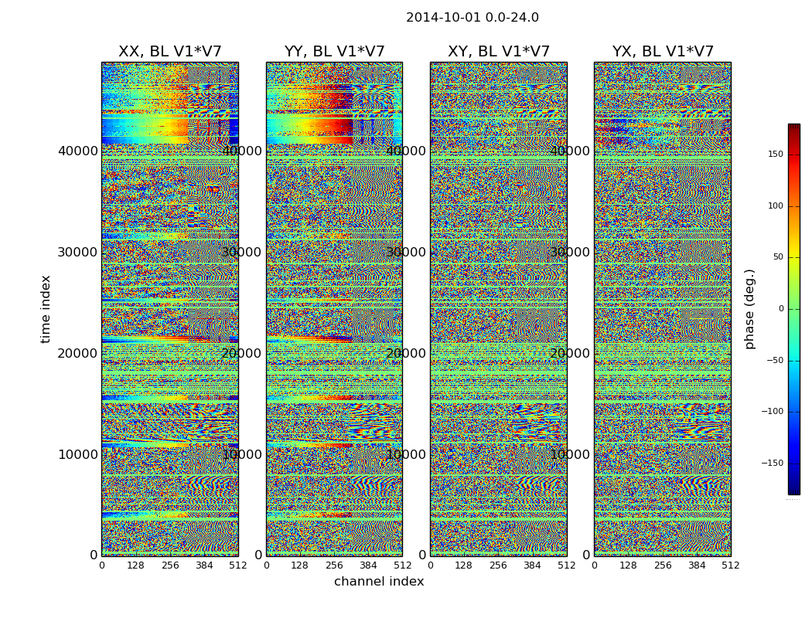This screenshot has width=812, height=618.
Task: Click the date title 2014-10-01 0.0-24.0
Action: click(472, 18)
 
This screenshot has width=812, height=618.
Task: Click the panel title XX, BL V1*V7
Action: click(169, 52)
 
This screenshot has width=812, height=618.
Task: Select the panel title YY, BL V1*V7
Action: click(334, 52)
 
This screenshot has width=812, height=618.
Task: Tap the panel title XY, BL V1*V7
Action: click(499, 52)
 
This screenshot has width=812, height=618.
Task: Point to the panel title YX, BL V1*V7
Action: click(663, 52)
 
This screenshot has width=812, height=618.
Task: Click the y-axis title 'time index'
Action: click(46, 309)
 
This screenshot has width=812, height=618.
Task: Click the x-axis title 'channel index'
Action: click(379, 582)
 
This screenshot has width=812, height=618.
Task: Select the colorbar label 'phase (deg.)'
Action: click(749, 309)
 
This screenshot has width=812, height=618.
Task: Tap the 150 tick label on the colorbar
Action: click(775, 154)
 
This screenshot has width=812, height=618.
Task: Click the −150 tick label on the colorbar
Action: click(773, 463)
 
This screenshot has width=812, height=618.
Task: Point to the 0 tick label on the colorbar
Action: click(780, 309)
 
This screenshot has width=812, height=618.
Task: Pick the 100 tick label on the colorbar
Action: click(775, 206)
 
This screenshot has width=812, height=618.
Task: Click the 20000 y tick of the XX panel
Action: click(78, 353)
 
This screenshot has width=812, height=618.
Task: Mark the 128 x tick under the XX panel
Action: click(135, 565)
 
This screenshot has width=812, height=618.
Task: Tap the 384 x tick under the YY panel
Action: click(368, 565)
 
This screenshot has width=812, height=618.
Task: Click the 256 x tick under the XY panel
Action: click(498, 565)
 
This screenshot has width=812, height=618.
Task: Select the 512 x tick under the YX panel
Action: click(731, 565)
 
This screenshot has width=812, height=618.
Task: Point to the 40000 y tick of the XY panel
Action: click(407, 151)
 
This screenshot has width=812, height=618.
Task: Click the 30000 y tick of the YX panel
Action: click(571, 252)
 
